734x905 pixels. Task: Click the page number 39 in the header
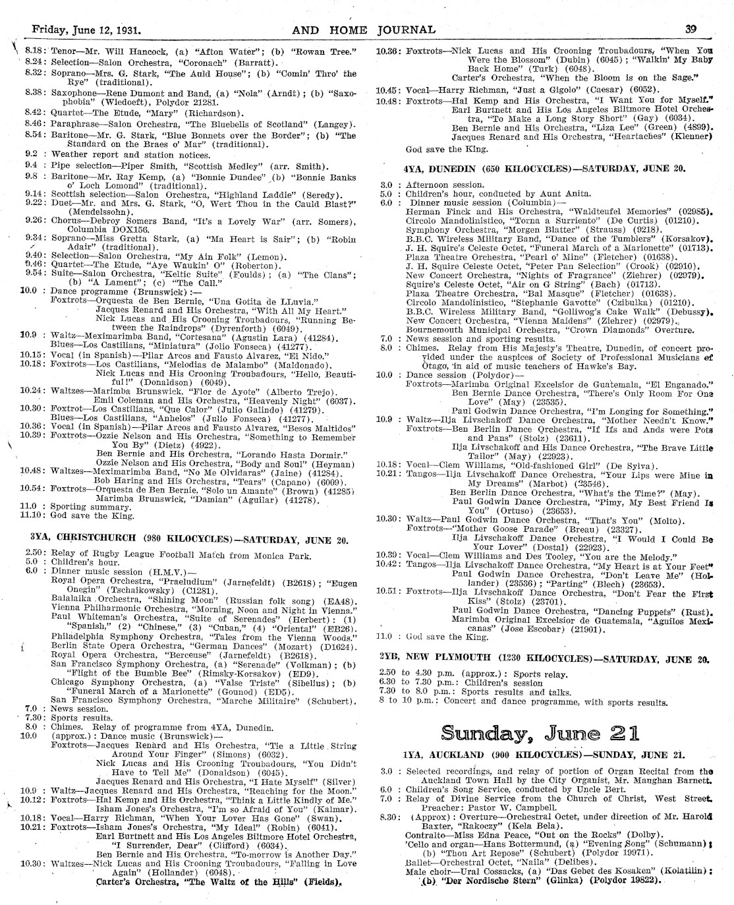pyautogui.click(x=691, y=30)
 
